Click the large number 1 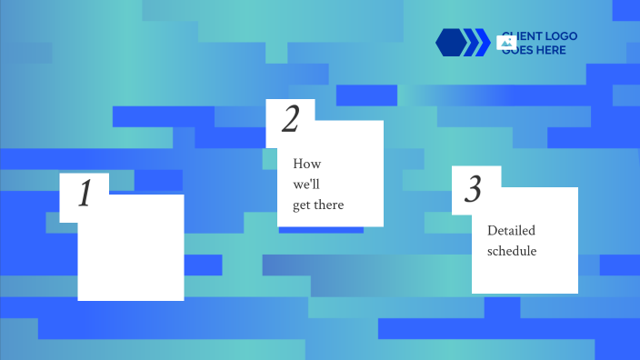click(x=85, y=194)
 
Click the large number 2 click(x=290, y=119)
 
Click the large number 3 click(x=473, y=189)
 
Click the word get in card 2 click(x=302, y=205)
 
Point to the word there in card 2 click(x=329, y=205)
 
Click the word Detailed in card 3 click(x=511, y=231)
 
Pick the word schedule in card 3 click(x=512, y=251)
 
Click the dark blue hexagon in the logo click(x=450, y=42)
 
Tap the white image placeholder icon click(x=507, y=42)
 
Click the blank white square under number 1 click(x=130, y=255)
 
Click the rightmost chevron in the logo click(x=483, y=42)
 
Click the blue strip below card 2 click(x=321, y=229)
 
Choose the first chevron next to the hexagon click(x=471, y=42)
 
